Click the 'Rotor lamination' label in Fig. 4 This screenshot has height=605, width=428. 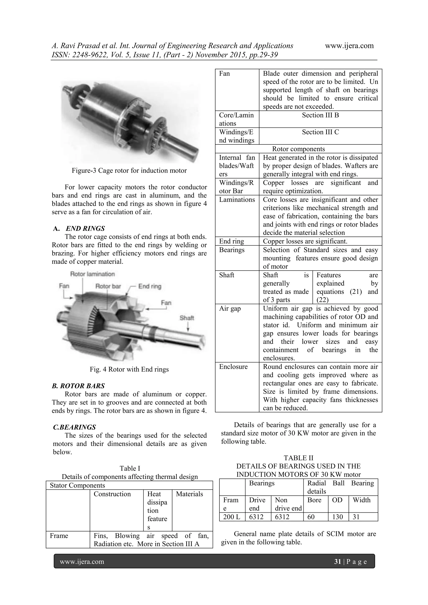92,274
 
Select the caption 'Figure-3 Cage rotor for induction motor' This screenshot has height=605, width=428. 129,171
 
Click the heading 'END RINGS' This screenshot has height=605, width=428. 85,228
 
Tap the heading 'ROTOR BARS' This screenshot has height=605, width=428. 78,386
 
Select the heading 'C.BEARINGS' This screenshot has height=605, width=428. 74,427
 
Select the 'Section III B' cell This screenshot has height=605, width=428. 320,115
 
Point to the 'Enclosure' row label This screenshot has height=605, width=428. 233,367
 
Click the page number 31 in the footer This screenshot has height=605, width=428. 337,562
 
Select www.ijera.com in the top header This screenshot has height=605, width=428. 349,46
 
